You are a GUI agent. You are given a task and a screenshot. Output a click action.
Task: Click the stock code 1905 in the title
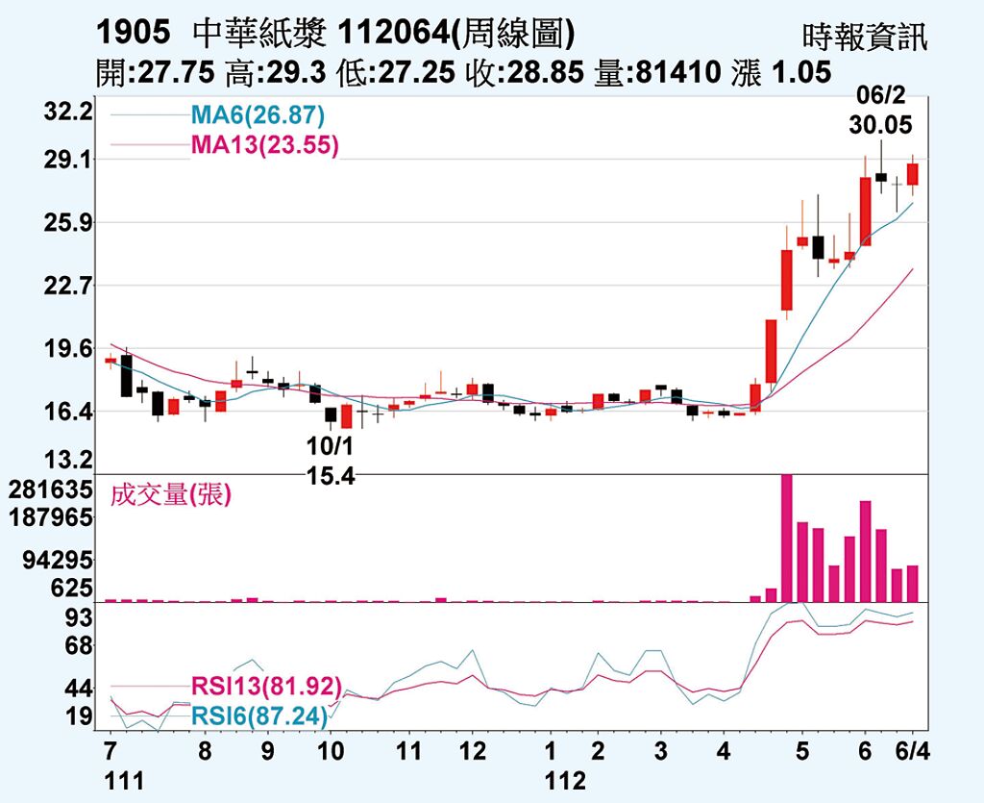[x=134, y=34]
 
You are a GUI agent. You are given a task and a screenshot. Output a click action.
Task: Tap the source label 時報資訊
[x=865, y=38]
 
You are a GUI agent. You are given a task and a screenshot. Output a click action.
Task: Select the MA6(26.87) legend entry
[x=258, y=116]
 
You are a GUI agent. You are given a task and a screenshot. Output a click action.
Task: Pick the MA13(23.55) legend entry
[x=264, y=145]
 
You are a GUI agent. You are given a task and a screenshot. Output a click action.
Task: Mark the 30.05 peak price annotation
[x=880, y=125]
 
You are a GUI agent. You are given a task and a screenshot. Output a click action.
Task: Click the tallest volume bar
[x=787, y=538]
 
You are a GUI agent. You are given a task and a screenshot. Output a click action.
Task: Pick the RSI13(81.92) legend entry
[x=266, y=687]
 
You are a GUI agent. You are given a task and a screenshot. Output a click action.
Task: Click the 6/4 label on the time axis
[x=912, y=749]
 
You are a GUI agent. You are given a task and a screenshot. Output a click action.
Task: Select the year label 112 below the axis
[x=565, y=780]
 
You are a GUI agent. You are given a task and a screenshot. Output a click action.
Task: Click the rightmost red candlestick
[x=913, y=174]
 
